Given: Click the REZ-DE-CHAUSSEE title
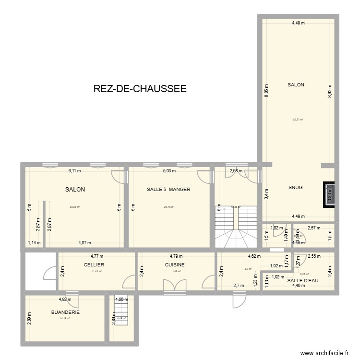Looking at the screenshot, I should pos(140,89).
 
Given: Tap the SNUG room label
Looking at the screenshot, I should pos(296,188).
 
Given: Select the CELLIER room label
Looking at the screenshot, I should pos(94,264).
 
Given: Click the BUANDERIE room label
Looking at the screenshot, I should pos(65,312).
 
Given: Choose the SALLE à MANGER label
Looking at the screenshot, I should pos(168,190).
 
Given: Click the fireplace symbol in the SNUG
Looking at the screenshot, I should pos(329,194).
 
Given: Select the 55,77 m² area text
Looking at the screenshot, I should pos(298,120).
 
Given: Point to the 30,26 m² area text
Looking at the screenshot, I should pos(75,207).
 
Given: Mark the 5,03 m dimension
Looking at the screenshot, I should pos(169,170).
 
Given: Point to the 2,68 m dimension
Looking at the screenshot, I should pos(235,170).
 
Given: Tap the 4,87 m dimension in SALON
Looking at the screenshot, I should pos(84,243).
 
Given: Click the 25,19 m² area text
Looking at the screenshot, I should pos(168,207).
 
